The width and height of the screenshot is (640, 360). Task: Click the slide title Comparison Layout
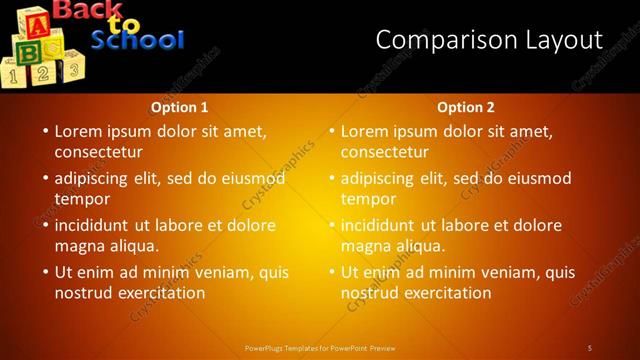pyautogui.click(x=489, y=40)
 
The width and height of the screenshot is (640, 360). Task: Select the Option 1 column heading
pyautogui.click(x=179, y=107)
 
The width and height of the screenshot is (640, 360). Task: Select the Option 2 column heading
pyautogui.click(x=466, y=107)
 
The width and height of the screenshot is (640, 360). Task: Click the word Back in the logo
pyautogui.click(x=89, y=11)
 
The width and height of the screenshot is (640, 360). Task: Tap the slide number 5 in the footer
pyautogui.click(x=590, y=347)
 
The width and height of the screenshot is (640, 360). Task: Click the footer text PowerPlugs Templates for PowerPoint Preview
pyautogui.click(x=320, y=347)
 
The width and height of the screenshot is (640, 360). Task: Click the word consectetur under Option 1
pyautogui.click(x=98, y=152)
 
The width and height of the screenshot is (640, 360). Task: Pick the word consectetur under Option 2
pyautogui.click(x=384, y=152)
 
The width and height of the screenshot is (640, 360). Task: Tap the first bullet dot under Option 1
pyautogui.click(x=45, y=131)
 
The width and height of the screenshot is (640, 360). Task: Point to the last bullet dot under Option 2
pyautogui.click(x=331, y=272)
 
